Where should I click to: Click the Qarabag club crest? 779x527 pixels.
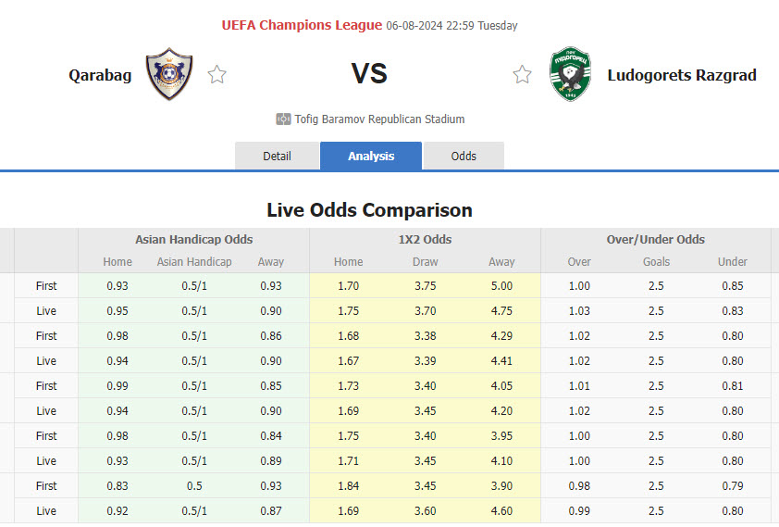[x=169, y=74]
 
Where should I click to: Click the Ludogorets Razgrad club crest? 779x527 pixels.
[x=570, y=74]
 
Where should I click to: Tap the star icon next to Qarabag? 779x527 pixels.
[x=217, y=74]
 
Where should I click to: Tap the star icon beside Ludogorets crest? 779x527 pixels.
[x=523, y=74]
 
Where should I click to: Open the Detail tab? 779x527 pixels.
[x=277, y=156]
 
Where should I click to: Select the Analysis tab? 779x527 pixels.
[x=371, y=156]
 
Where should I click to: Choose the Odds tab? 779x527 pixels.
[x=464, y=156]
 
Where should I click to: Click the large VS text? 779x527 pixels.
[x=369, y=74]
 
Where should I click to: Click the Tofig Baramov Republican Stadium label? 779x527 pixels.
[x=379, y=119]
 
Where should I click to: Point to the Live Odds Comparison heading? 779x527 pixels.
[x=369, y=210]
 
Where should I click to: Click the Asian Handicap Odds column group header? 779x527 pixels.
[x=193, y=239]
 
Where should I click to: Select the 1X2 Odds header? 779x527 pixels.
[x=425, y=239]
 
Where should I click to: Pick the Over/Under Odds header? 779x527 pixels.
[x=655, y=239]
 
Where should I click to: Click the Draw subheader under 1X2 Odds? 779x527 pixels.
[x=425, y=262]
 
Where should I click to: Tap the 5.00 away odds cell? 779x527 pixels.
[x=501, y=286]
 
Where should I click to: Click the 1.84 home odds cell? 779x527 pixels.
[x=348, y=485]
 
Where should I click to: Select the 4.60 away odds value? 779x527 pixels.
[x=501, y=510]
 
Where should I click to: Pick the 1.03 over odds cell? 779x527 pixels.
[x=579, y=311]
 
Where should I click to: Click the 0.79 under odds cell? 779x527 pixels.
[x=733, y=485]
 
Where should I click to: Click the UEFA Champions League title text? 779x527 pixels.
[x=302, y=25]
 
